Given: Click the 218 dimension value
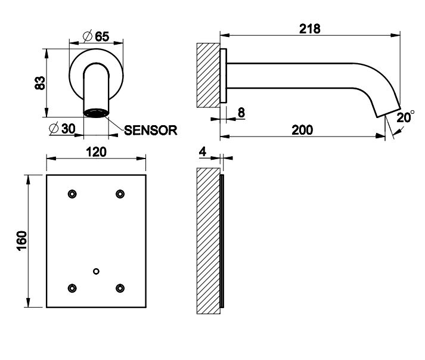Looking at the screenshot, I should (311, 28).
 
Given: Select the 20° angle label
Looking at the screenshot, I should (405, 117).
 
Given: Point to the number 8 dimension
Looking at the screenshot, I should (241, 113).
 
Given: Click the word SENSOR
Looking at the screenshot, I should (151, 130).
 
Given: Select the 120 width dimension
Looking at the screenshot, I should (96, 151).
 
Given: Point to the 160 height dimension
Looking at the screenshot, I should (20, 240).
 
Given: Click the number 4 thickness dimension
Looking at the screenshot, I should (203, 152).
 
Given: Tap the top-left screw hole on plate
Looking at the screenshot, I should (72, 193).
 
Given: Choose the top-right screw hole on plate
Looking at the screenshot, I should (120, 193).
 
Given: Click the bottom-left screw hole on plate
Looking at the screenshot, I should (72, 288).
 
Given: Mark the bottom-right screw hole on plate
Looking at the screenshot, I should (120, 288).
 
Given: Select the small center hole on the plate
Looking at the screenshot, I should (96, 271).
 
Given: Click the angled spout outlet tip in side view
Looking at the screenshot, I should (386, 108).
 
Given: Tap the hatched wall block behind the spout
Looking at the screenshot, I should (209, 75).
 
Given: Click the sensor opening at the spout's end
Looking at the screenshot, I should (96, 113).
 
